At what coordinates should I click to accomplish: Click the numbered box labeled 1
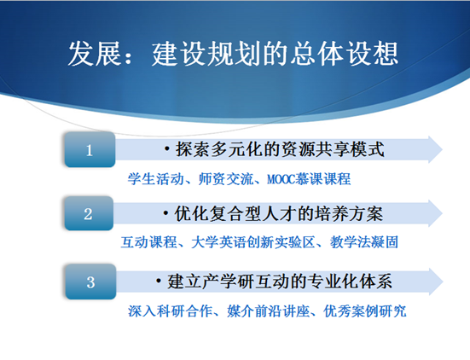(x=90, y=149)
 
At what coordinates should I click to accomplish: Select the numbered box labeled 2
(x=89, y=213)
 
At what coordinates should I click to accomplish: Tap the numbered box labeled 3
(x=90, y=282)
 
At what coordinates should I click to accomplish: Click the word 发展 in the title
(x=94, y=54)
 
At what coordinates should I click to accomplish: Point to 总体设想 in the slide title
(x=345, y=54)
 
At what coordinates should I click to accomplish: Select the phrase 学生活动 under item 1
(x=155, y=179)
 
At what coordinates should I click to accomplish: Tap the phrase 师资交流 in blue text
(x=226, y=179)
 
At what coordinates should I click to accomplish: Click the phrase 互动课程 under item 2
(x=148, y=242)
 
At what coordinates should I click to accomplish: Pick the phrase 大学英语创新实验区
(x=253, y=242)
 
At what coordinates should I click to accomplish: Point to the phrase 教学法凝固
(x=364, y=242)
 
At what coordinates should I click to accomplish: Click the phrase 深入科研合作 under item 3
(x=171, y=311)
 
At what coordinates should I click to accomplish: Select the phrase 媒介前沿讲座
(x=269, y=311)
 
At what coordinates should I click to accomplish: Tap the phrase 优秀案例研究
(x=365, y=311)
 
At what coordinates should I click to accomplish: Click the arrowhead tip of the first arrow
(x=442, y=149)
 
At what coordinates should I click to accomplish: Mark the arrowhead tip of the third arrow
(x=443, y=282)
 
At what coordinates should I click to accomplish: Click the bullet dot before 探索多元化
(x=167, y=149)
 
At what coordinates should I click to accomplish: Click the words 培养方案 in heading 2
(x=349, y=214)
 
